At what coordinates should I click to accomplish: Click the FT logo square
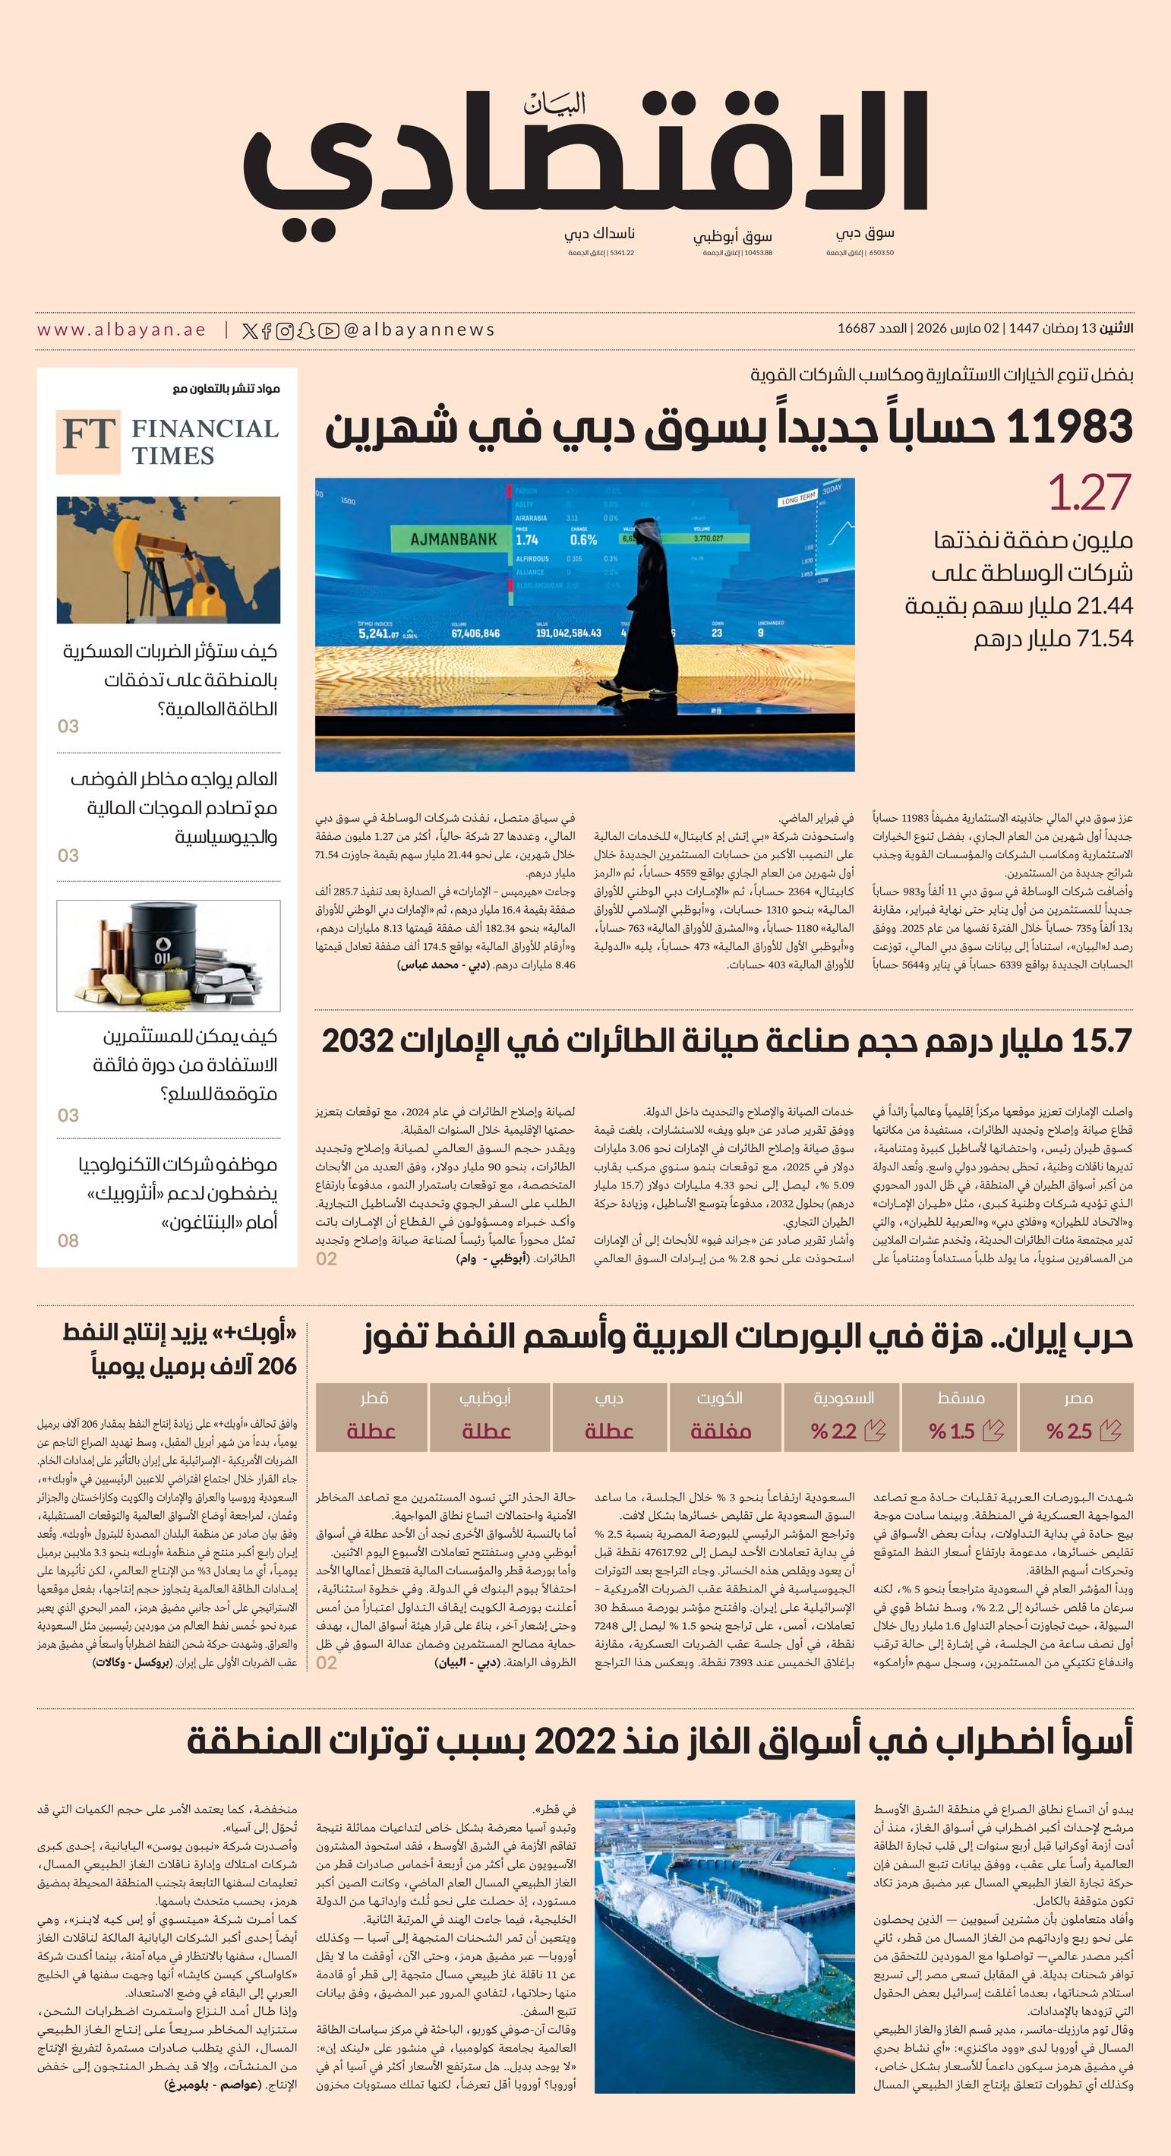88,441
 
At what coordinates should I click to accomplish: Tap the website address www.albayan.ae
122,330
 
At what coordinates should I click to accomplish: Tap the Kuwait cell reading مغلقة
720,1432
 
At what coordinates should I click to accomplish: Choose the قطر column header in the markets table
374,1398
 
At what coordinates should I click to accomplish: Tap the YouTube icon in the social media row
329,330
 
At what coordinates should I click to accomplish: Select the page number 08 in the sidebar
68,1240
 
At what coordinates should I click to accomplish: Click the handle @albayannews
418,330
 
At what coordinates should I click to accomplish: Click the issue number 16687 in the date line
857,328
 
